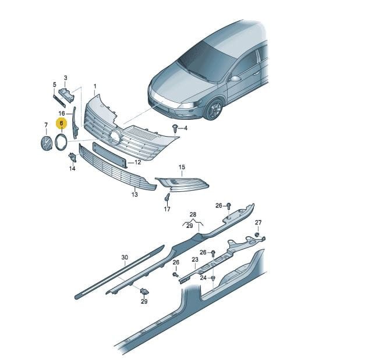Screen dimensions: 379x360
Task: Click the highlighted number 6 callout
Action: click(x=61, y=123)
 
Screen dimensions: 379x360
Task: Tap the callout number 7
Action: click(x=46, y=125)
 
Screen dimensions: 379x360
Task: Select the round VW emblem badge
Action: click(x=46, y=144)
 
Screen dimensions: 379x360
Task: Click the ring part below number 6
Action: click(x=61, y=142)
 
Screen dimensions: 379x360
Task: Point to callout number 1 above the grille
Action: click(x=95, y=86)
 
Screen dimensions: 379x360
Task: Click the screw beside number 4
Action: click(x=175, y=128)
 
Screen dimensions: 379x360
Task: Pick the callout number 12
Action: click(x=137, y=162)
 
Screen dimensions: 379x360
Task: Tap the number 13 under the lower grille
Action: click(x=134, y=194)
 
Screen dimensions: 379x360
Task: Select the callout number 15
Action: click(x=182, y=167)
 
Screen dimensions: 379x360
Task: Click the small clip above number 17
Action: click(x=167, y=197)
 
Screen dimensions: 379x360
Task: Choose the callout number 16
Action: click(x=62, y=113)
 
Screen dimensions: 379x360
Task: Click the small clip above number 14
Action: click(x=73, y=157)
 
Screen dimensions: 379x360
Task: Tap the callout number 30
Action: click(x=125, y=258)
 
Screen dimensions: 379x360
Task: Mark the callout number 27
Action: click(x=258, y=222)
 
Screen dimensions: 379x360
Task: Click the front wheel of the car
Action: click(x=214, y=109)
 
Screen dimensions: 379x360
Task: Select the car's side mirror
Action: click(x=235, y=79)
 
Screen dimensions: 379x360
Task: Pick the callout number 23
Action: click(x=195, y=259)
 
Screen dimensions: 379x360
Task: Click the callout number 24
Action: click(x=203, y=278)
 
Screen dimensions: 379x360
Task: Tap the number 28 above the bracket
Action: click(x=193, y=214)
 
